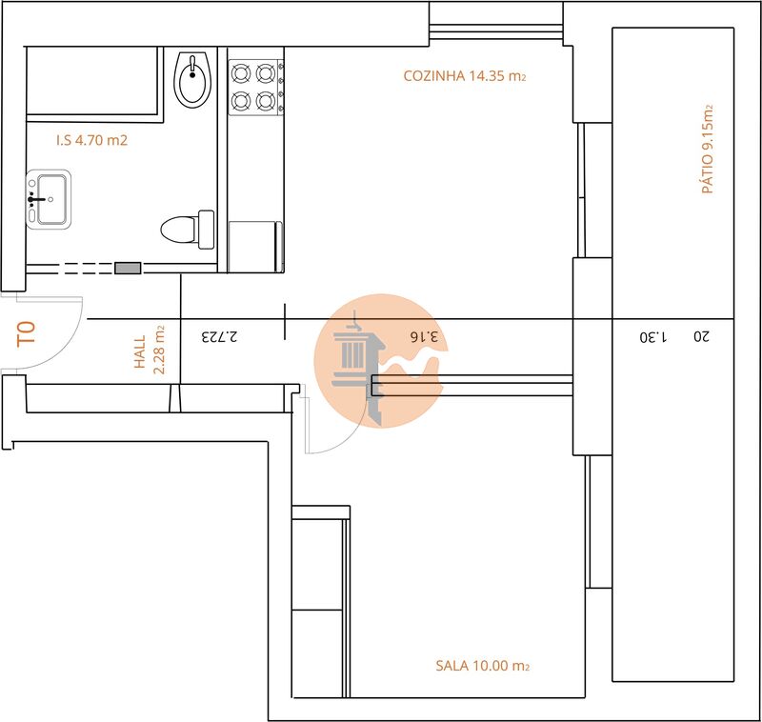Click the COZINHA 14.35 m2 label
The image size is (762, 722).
tap(465, 76)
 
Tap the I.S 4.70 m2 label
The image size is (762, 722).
tap(91, 140)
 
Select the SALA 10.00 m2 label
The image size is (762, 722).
tap(482, 665)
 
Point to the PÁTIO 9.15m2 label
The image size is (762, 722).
tap(708, 149)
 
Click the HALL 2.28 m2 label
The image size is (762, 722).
tap(150, 350)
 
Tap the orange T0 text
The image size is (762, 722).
tap(27, 333)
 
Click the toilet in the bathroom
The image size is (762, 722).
tap(188, 230)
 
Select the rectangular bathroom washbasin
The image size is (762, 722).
tap(49, 199)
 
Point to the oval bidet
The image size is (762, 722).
tap(192, 79)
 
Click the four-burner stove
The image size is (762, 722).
tap(256, 88)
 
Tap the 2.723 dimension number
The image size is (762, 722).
tap(220, 336)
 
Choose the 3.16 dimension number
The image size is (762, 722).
tap(424, 336)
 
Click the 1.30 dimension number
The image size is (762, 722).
tap(653, 336)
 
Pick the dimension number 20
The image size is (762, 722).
tap(701, 336)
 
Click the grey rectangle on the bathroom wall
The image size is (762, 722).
tap(128, 268)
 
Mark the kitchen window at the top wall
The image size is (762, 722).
tap(495, 31)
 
